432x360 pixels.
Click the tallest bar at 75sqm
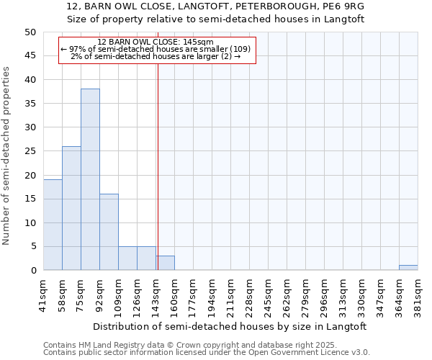point(90,180)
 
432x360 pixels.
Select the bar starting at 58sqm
point(71,209)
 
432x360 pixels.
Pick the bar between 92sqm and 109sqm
point(109,233)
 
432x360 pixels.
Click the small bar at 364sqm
point(408,268)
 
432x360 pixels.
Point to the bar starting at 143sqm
point(165,264)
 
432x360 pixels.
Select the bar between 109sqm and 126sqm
point(127,258)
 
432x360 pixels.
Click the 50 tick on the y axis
point(30,32)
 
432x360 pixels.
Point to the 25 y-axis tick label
point(30,151)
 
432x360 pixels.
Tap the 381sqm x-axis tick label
point(418,294)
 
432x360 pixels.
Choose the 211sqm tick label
point(231,294)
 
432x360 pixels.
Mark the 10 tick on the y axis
point(30,223)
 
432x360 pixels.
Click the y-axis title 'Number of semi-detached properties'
point(7,156)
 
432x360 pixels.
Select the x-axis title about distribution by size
point(230,327)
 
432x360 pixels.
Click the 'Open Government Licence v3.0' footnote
point(302,353)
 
